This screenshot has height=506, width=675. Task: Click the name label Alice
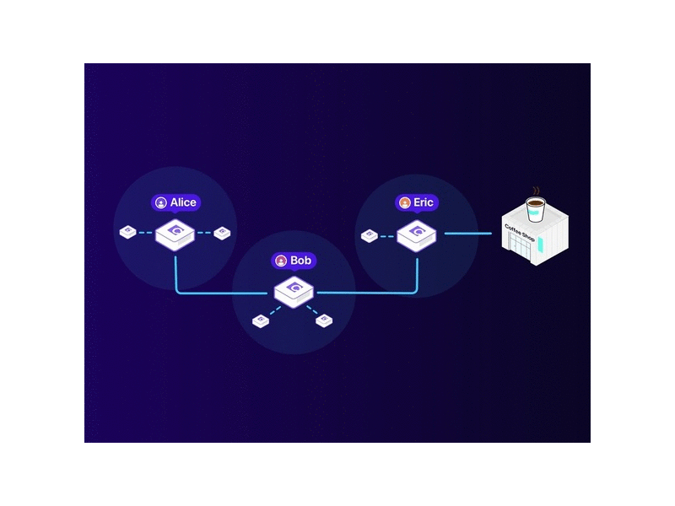pos(183,202)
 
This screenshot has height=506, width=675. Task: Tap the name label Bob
pos(300,261)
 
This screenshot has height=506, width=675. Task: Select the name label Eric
pos(424,202)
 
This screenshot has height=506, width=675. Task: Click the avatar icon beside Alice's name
pos(161,202)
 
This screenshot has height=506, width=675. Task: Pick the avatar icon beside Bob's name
pos(281,261)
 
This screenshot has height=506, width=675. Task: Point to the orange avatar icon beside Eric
pos(405,202)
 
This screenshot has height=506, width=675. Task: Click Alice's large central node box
pos(175,235)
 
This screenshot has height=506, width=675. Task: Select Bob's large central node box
pos(294,292)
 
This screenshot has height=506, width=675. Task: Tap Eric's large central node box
pos(416,236)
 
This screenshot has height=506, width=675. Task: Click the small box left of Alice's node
pos(128,232)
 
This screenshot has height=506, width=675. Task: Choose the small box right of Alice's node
pos(222,233)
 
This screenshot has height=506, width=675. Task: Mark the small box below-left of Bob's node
pos(261,321)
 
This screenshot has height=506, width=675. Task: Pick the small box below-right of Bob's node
pos(324,320)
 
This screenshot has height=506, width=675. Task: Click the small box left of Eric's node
pos(370,235)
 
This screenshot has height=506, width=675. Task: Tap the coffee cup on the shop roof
pos(536,209)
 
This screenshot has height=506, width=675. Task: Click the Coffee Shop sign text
pos(520,233)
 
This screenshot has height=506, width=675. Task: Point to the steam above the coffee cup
pos(536,191)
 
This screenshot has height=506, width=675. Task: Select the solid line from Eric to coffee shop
pos(468,234)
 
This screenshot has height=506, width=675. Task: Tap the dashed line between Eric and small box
pos(387,236)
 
